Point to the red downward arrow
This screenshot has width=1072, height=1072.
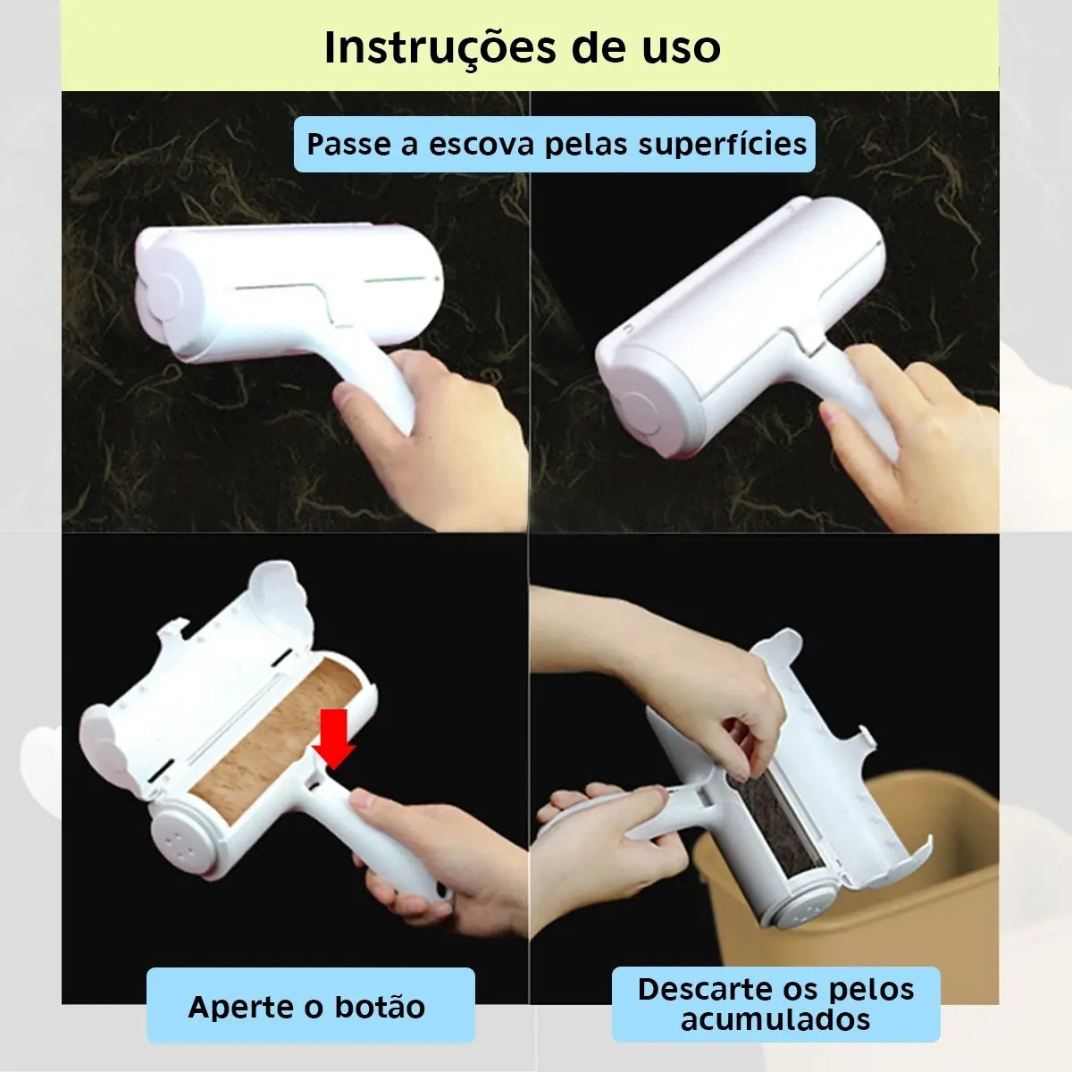333,738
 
